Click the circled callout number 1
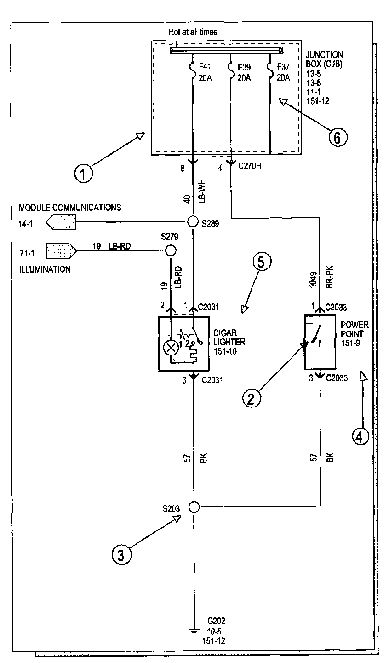pyautogui.click(x=83, y=173)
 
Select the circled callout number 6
pyautogui.click(x=338, y=137)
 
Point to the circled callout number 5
pyautogui.click(x=261, y=262)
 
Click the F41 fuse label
pyautogui.click(x=205, y=67)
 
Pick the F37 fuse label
pyautogui.click(x=283, y=67)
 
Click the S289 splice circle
pyautogui.click(x=193, y=221)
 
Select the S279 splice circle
pyautogui.click(x=171, y=251)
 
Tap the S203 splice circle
pyautogui.click(x=194, y=507)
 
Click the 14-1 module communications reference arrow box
pyautogui.click(x=61, y=222)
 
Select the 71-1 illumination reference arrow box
pyautogui.click(x=61, y=251)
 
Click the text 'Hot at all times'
pyautogui.click(x=193, y=32)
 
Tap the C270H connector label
pyautogui.click(x=250, y=166)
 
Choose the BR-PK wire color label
pyautogui.click(x=330, y=277)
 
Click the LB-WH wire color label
pyautogui.click(x=202, y=191)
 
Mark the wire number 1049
pyautogui.click(x=314, y=280)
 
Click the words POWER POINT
pyautogui.click(x=355, y=329)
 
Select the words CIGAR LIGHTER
pyautogui.click(x=229, y=337)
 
